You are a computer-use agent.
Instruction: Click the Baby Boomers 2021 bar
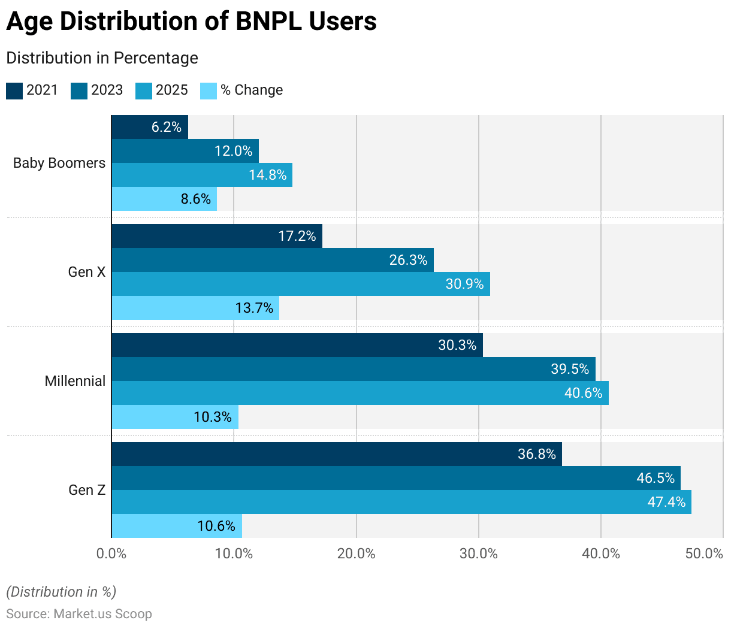click(150, 127)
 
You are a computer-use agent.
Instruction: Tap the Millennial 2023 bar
click(354, 369)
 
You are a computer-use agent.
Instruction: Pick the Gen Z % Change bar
click(177, 526)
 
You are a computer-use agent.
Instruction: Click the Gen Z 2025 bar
click(401, 502)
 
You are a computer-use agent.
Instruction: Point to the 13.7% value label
click(254, 308)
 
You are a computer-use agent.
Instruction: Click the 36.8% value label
click(537, 454)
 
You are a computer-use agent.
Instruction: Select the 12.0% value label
click(234, 151)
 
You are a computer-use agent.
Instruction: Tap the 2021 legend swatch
click(14, 90)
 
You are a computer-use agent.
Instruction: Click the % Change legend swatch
click(209, 90)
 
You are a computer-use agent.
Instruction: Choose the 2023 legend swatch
click(79, 90)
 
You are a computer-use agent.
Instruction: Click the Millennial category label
click(75, 381)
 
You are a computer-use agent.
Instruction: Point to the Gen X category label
click(86, 272)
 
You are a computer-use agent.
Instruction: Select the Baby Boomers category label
click(59, 163)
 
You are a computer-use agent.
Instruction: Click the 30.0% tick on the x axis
click(479, 554)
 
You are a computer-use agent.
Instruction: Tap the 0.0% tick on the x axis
click(111, 554)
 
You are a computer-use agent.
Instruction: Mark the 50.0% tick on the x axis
click(705, 554)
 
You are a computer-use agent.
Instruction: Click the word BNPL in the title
click(269, 22)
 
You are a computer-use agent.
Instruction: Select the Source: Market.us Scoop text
click(79, 614)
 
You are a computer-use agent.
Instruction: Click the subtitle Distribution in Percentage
click(102, 58)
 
